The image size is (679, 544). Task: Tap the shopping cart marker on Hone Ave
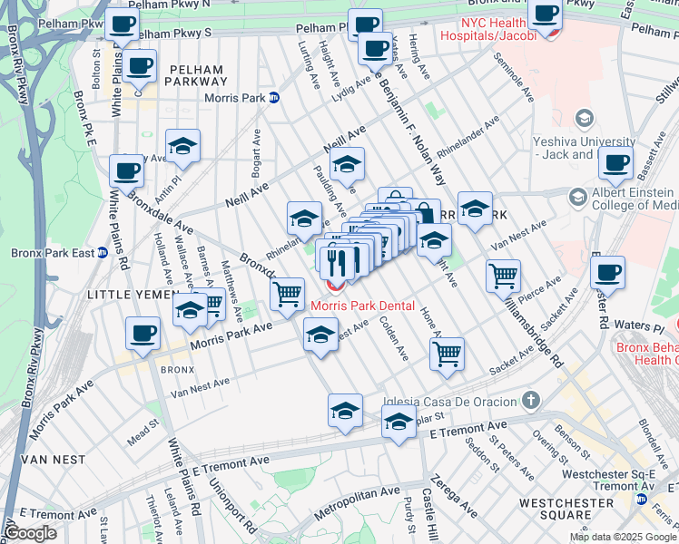click(x=447, y=355)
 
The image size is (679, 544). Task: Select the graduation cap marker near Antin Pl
click(x=182, y=147)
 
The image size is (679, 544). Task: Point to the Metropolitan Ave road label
click(x=357, y=503)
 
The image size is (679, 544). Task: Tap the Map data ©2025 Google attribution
click(x=623, y=537)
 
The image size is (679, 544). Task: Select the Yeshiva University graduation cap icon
click(x=585, y=119)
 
